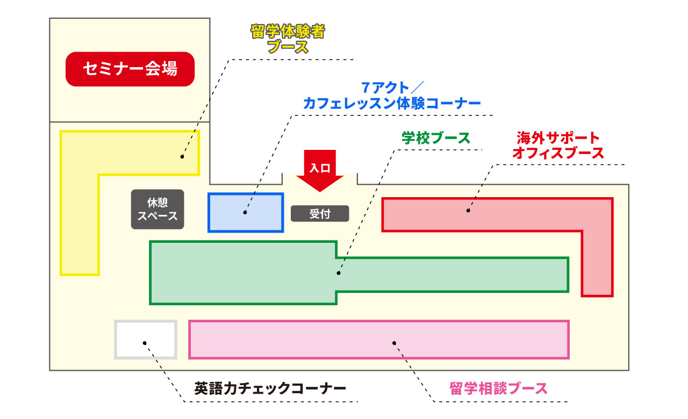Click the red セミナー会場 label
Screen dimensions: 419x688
coord(130,69)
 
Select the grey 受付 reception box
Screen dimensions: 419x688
coord(320,214)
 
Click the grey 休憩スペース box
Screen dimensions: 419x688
coord(157,209)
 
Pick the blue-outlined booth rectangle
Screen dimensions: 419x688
coord(246,212)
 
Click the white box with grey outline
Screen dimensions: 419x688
coord(146,339)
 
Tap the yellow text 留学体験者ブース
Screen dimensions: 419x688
coord(288,39)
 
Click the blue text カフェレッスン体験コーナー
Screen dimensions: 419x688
coord(392,103)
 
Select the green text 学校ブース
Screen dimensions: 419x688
coord(436,138)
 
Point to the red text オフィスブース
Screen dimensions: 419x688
coord(558,153)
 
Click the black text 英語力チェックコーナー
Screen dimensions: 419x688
coord(270,388)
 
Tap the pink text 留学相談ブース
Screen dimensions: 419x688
coord(498,388)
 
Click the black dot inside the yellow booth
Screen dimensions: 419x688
coord(182,157)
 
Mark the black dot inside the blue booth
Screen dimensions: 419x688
coord(245,212)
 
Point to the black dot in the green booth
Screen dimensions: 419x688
coord(339,273)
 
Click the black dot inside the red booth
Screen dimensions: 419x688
coord(468,211)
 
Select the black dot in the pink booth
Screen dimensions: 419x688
coord(394,342)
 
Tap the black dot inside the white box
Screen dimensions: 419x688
coord(144,342)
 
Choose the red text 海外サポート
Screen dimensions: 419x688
coord(558,137)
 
